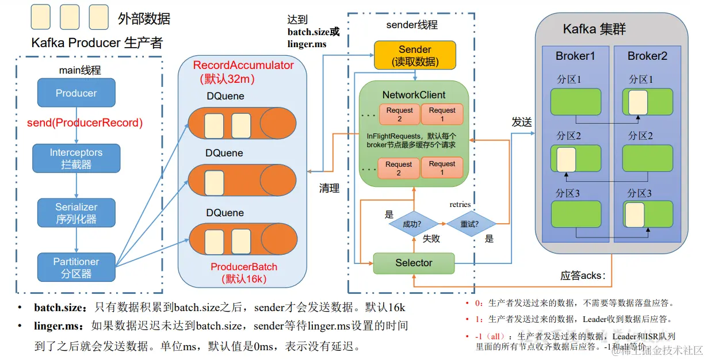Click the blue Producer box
point(76,93)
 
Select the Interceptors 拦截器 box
point(76,159)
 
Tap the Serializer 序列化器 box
point(76,213)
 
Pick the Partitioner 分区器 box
point(76,267)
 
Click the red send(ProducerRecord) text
point(85,123)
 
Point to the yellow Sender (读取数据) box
point(415,55)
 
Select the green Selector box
point(414,263)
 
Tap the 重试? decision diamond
point(471,223)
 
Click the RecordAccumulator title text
point(243,66)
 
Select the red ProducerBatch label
point(244,267)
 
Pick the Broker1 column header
point(575,56)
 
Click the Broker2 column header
point(647,56)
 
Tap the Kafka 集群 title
point(594,29)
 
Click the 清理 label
point(330,189)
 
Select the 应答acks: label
point(582,275)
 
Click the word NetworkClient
point(414,95)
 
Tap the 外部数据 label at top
point(144,18)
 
